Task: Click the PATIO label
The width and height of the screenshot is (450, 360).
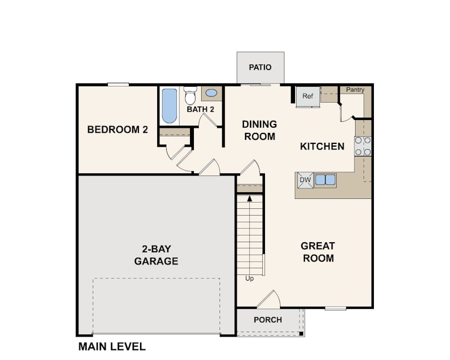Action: click(x=260, y=67)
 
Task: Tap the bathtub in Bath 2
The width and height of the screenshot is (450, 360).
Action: click(x=169, y=106)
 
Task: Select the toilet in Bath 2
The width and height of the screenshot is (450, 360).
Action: click(x=190, y=96)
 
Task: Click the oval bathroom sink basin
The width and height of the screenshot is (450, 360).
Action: click(x=212, y=93)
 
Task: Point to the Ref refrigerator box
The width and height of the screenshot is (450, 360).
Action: click(x=308, y=96)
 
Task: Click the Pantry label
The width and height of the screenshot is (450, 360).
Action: click(x=355, y=89)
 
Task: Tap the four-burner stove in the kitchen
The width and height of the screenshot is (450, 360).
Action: click(x=363, y=146)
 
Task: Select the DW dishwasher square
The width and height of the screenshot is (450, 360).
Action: click(x=306, y=180)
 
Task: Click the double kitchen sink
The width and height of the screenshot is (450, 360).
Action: click(x=325, y=180)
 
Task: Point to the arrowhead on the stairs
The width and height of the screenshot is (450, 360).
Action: click(x=249, y=198)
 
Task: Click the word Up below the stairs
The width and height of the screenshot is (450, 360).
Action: click(x=249, y=278)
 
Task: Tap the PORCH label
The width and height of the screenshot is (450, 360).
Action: click(x=268, y=320)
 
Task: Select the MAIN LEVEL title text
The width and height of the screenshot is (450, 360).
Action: click(x=112, y=347)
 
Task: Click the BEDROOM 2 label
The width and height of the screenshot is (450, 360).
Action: click(x=118, y=129)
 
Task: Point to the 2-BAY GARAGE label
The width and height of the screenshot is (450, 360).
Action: click(x=156, y=255)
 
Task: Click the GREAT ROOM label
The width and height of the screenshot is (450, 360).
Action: click(x=318, y=252)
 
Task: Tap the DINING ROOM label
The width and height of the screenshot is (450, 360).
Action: click(x=259, y=131)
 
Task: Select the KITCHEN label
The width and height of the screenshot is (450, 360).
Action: click(x=322, y=147)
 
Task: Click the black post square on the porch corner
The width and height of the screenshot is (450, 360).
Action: click(x=301, y=333)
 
